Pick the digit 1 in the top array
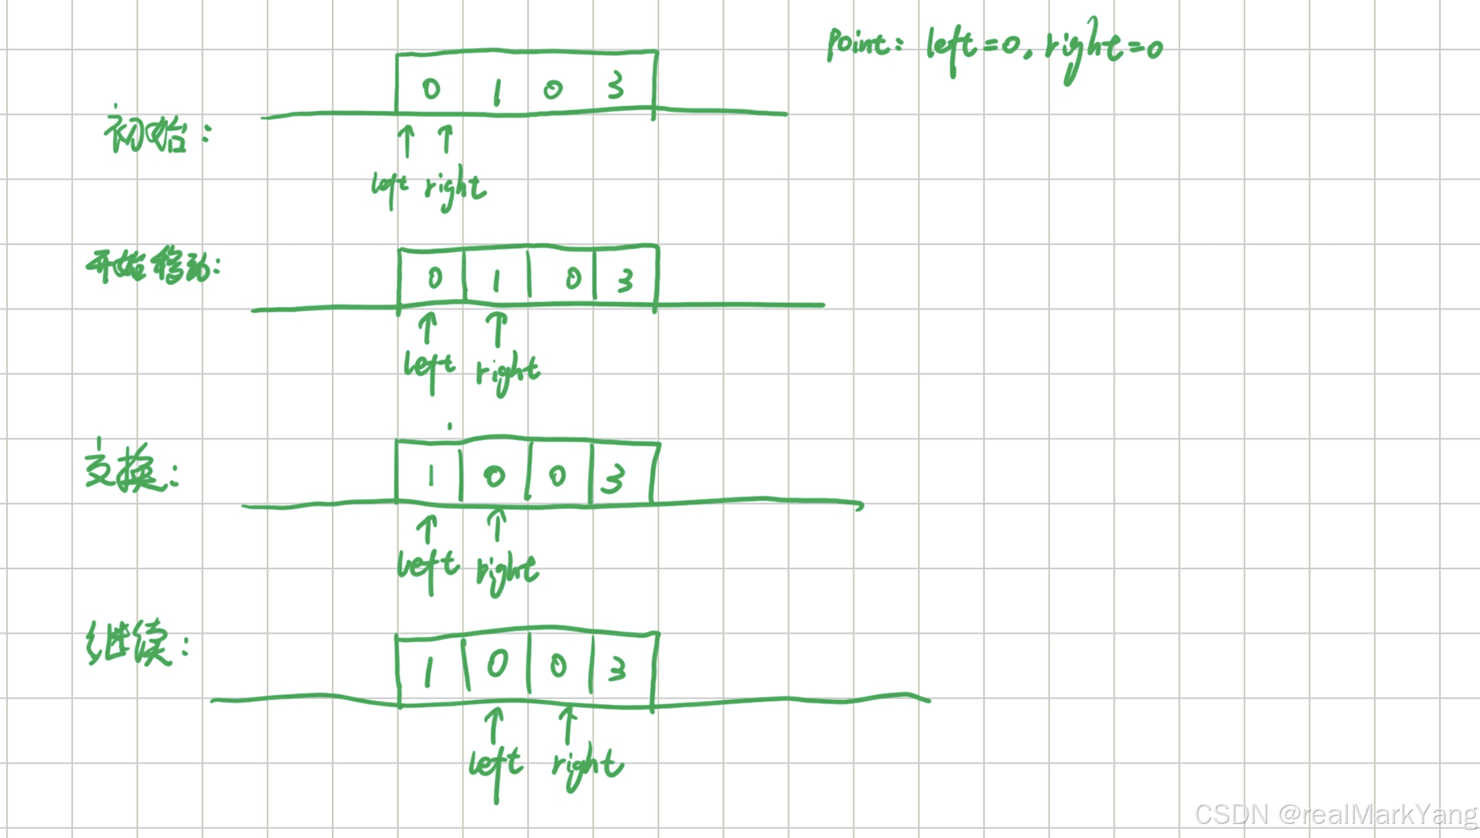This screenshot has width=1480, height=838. click(496, 92)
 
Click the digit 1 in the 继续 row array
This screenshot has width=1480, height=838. click(428, 671)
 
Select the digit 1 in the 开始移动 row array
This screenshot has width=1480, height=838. click(496, 281)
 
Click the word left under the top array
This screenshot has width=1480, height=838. click(389, 187)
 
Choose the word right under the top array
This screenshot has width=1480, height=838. click(455, 189)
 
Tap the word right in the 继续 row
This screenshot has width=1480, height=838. click(587, 766)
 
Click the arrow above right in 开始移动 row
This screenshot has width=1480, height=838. click(496, 329)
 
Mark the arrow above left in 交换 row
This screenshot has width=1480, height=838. click(427, 530)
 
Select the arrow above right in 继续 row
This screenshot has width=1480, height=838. click(568, 726)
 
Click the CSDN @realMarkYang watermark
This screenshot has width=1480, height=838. click(1335, 815)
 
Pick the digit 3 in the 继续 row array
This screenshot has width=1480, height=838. click(617, 669)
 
